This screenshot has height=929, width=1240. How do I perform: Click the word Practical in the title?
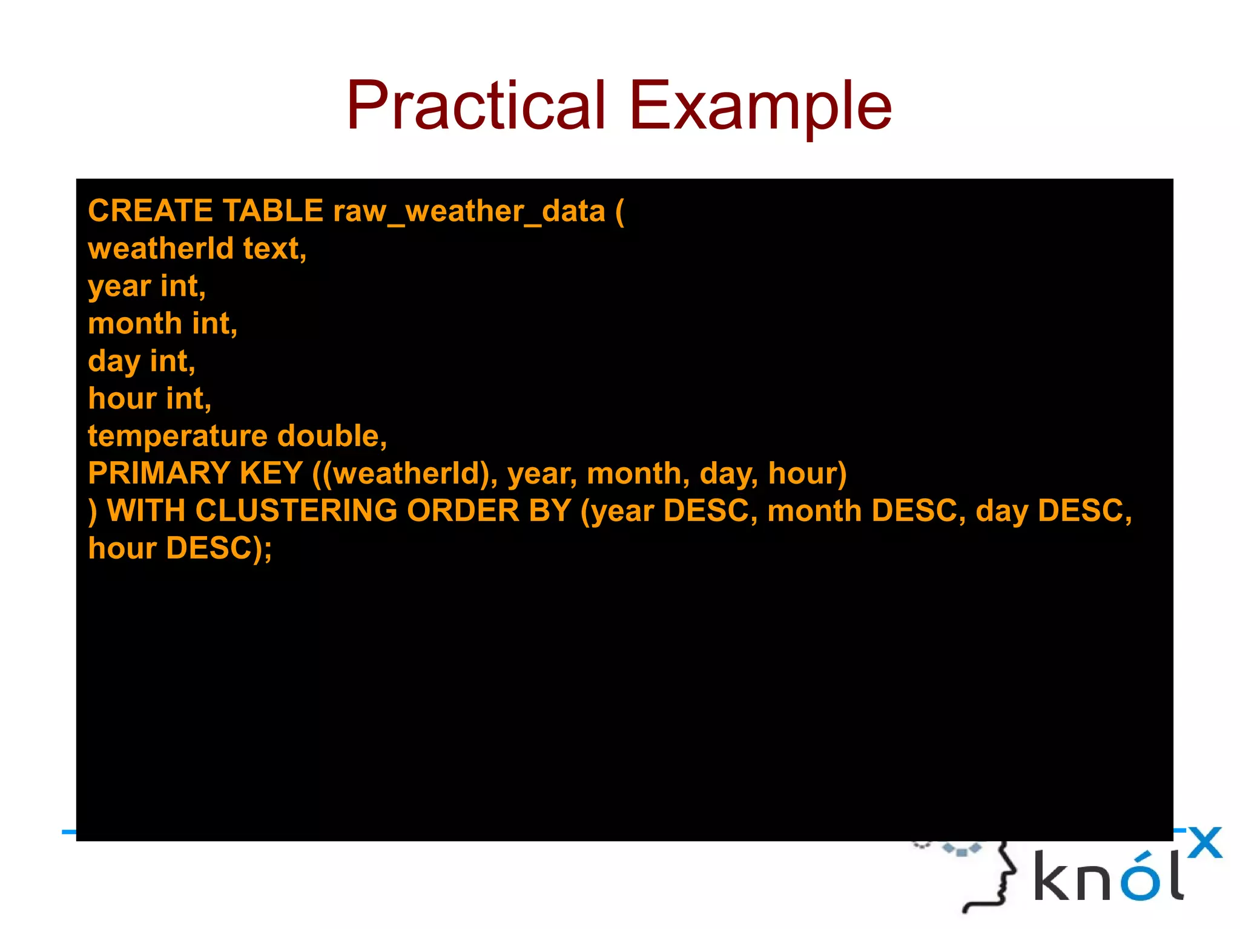pyautogui.click(x=475, y=106)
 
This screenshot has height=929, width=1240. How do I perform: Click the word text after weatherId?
pyautogui.click(x=274, y=249)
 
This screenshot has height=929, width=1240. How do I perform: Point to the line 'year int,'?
pyautogui.click(x=147, y=286)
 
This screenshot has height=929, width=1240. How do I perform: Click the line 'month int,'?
pyautogui.click(x=162, y=324)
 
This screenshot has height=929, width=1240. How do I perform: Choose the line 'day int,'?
pyautogui.click(x=141, y=361)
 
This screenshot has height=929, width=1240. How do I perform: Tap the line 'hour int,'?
pyautogui.click(x=150, y=399)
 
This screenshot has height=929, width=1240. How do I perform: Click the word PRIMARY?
pyautogui.click(x=159, y=473)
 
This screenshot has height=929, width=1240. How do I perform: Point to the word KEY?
pyautogui.click(x=271, y=473)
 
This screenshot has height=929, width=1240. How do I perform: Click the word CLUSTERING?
pyautogui.click(x=296, y=511)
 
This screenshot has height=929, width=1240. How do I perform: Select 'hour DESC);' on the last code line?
pyautogui.click(x=180, y=548)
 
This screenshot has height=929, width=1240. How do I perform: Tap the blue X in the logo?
pyautogui.click(x=1205, y=842)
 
